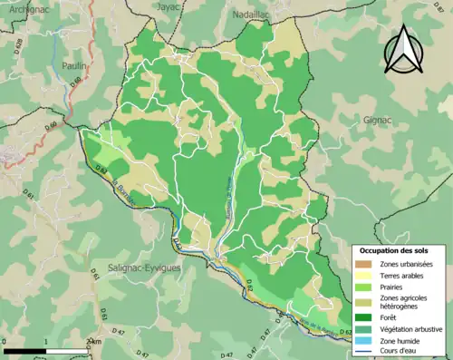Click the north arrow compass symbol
click(404, 50)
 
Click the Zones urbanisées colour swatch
click(366, 263)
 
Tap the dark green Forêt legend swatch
click(366, 316)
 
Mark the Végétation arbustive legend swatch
click(366, 328)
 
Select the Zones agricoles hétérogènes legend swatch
click(366, 301)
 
